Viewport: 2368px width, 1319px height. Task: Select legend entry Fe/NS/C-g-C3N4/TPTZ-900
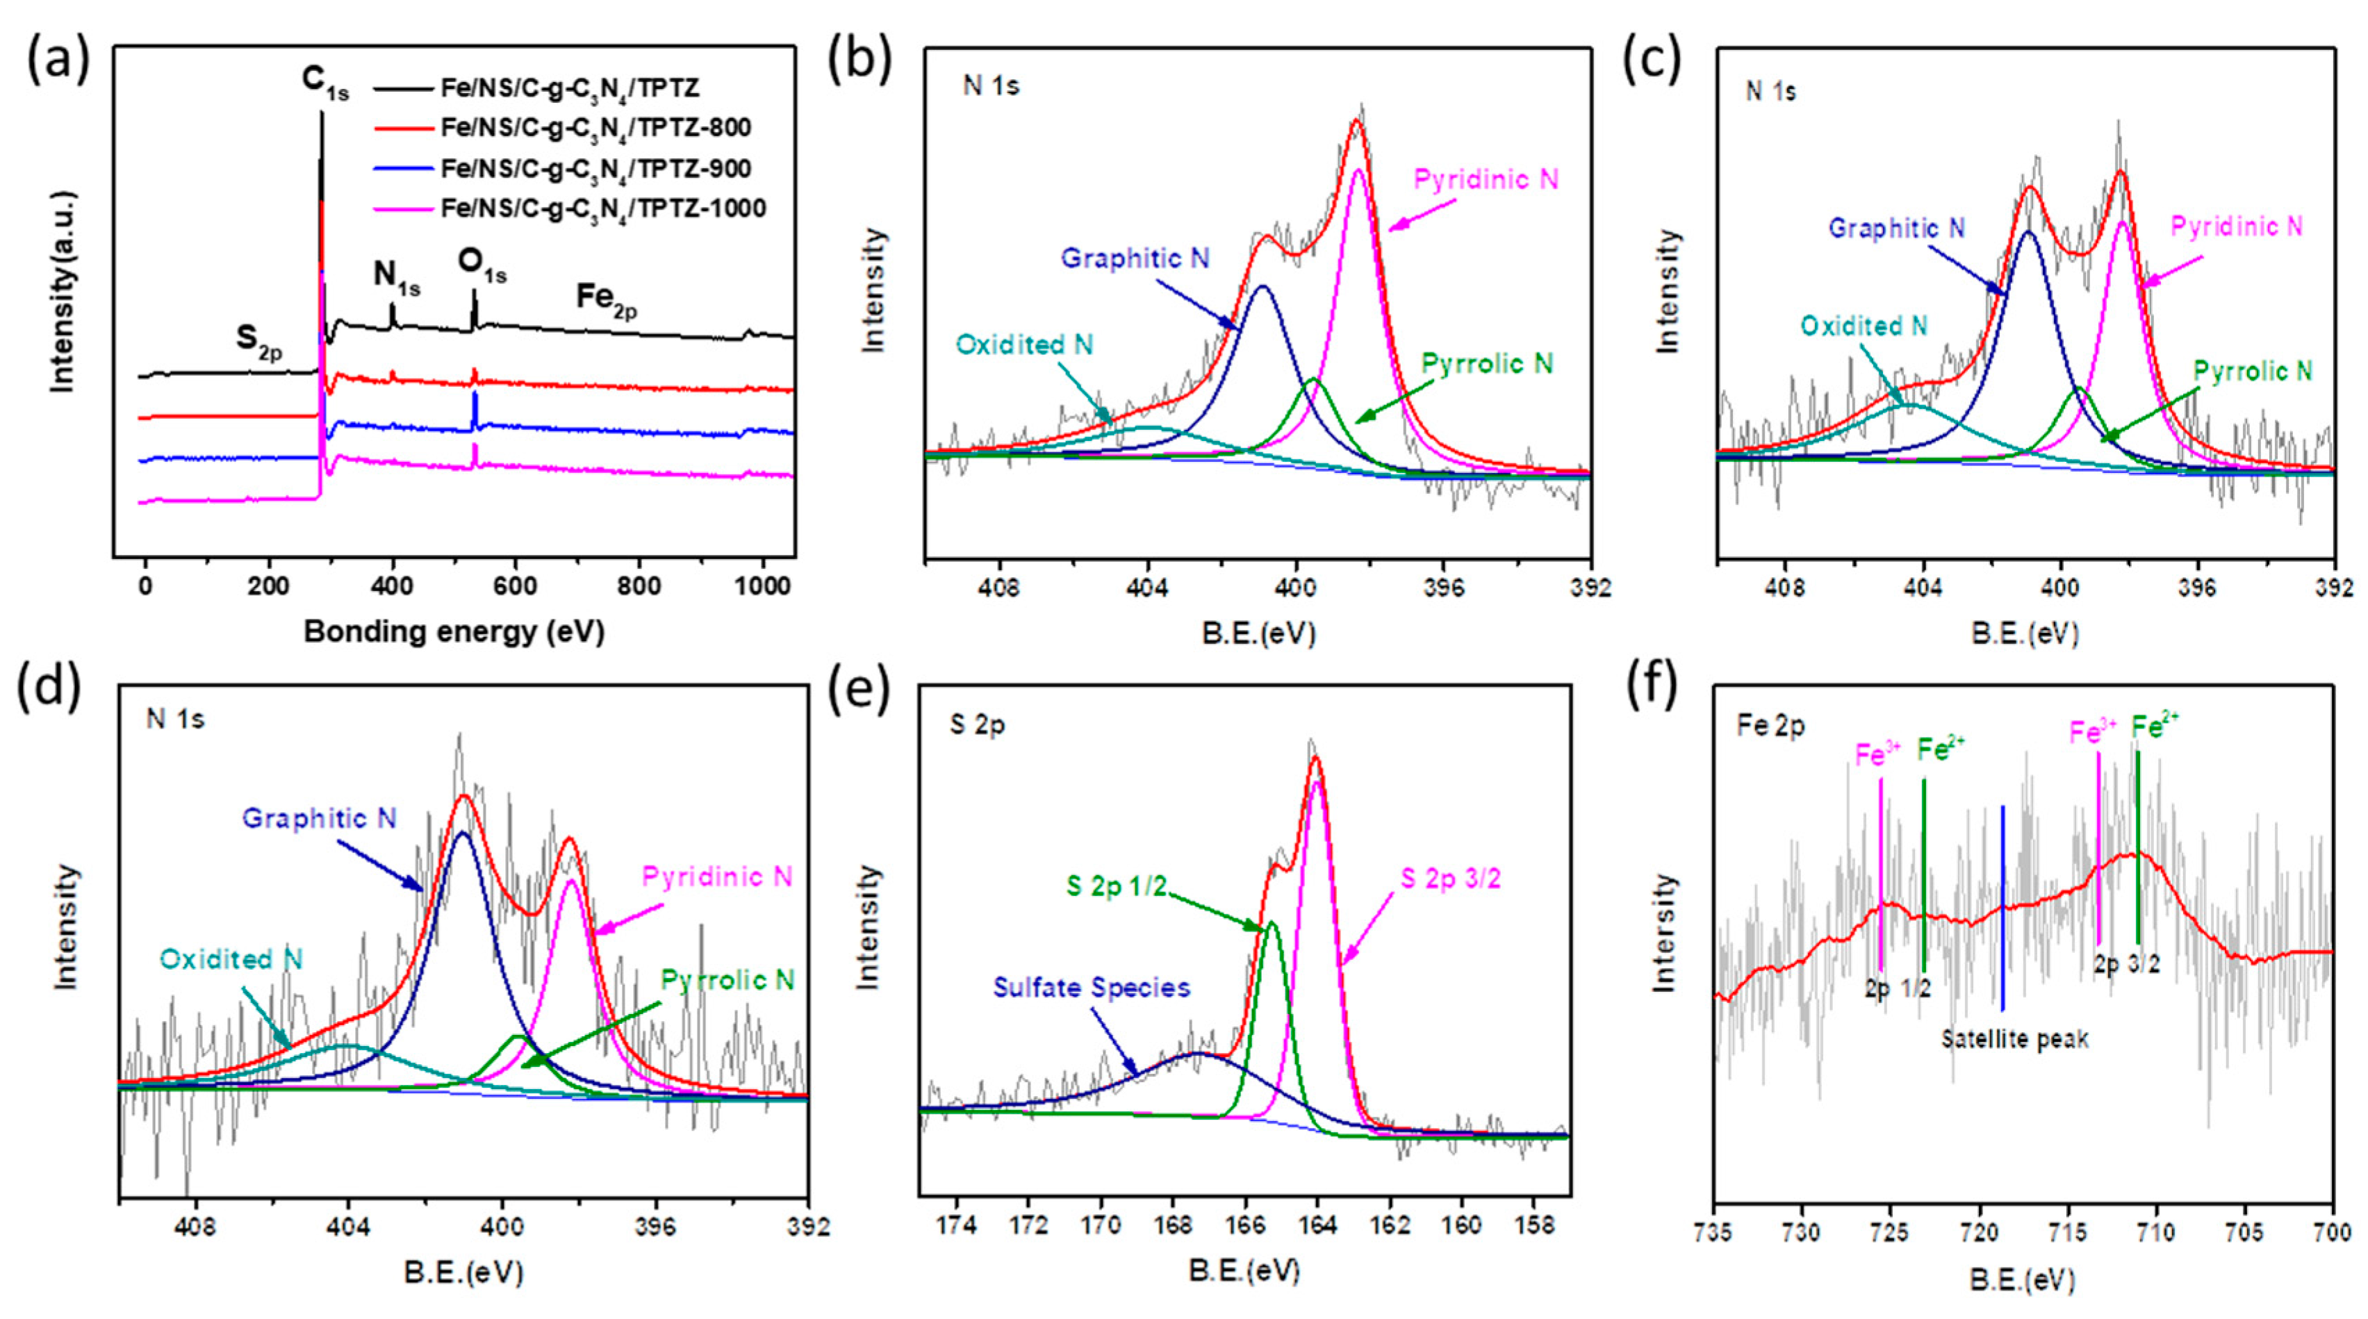pos(595,169)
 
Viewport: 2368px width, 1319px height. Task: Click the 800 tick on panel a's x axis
pos(639,586)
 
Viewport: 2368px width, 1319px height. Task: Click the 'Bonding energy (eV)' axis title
pos(454,631)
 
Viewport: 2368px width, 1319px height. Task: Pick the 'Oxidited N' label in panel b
pos(1024,345)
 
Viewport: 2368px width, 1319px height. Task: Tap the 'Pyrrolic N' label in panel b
pos(1486,364)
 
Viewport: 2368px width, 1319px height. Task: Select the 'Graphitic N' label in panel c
pos(1896,228)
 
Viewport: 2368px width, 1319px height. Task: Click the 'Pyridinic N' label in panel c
pos(2235,226)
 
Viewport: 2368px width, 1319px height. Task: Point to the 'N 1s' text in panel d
pos(174,719)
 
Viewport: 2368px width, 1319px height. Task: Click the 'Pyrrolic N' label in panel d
pos(727,980)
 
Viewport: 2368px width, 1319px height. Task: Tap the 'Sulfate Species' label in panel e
pos(1091,987)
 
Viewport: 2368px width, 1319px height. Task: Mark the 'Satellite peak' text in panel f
pos(2014,1040)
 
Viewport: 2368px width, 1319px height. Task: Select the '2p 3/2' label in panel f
pos(2127,964)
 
